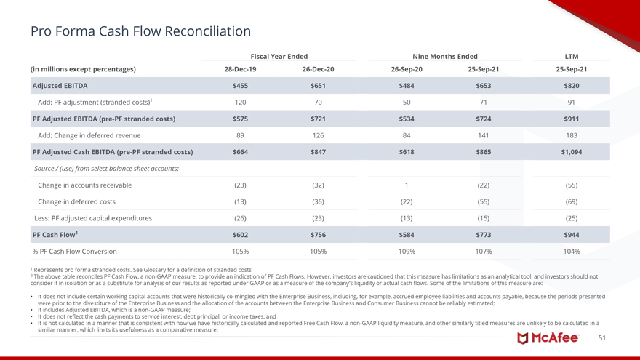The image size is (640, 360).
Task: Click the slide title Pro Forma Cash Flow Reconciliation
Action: (x=140, y=31)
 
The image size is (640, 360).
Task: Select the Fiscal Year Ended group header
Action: (x=279, y=56)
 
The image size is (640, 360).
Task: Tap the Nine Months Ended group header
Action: (x=445, y=56)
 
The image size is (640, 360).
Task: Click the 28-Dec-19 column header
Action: (x=240, y=69)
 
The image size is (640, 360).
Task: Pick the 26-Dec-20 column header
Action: (x=318, y=69)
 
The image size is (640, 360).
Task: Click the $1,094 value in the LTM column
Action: (x=571, y=152)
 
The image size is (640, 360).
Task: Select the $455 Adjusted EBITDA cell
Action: (x=240, y=86)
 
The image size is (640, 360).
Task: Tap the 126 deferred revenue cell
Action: (x=318, y=135)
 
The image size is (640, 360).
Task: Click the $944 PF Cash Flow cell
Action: (x=571, y=235)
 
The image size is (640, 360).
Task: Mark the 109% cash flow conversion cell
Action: (x=407, y=252)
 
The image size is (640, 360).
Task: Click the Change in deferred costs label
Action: (x=76, y=201)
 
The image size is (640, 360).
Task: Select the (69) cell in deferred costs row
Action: (x=571, y=201)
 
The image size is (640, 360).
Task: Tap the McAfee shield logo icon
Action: (x=523, y=338)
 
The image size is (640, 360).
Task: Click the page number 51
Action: (x=601, y=338)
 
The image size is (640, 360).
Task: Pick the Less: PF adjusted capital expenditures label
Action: (x=93, y=218)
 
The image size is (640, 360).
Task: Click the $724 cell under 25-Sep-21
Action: (x=484, y=119)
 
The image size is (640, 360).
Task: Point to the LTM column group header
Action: (x=571, y=56)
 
